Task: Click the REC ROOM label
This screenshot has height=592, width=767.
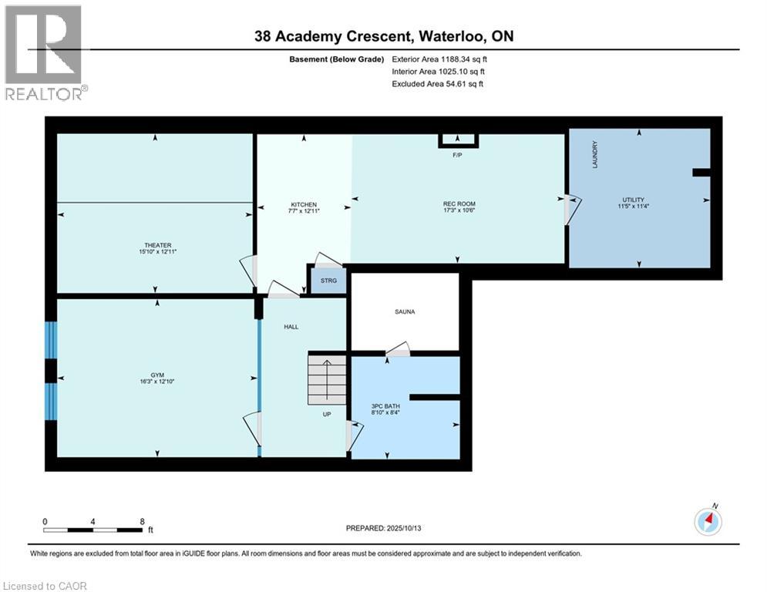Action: point(458,205)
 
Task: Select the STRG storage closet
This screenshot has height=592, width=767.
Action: point(328,281)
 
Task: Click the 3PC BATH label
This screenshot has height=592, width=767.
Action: point(385,407)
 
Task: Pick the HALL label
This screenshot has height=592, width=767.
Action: point(291,327)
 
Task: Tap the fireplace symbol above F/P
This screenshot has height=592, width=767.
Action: point(458,140)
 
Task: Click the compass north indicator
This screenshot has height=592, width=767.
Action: point(707,522)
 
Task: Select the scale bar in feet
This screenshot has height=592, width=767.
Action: point(94,530)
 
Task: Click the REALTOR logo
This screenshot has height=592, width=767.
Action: point(44,52)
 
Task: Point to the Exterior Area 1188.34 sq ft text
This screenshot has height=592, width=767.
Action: point(439,59)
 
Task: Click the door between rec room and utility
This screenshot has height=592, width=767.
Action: point(570,209)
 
